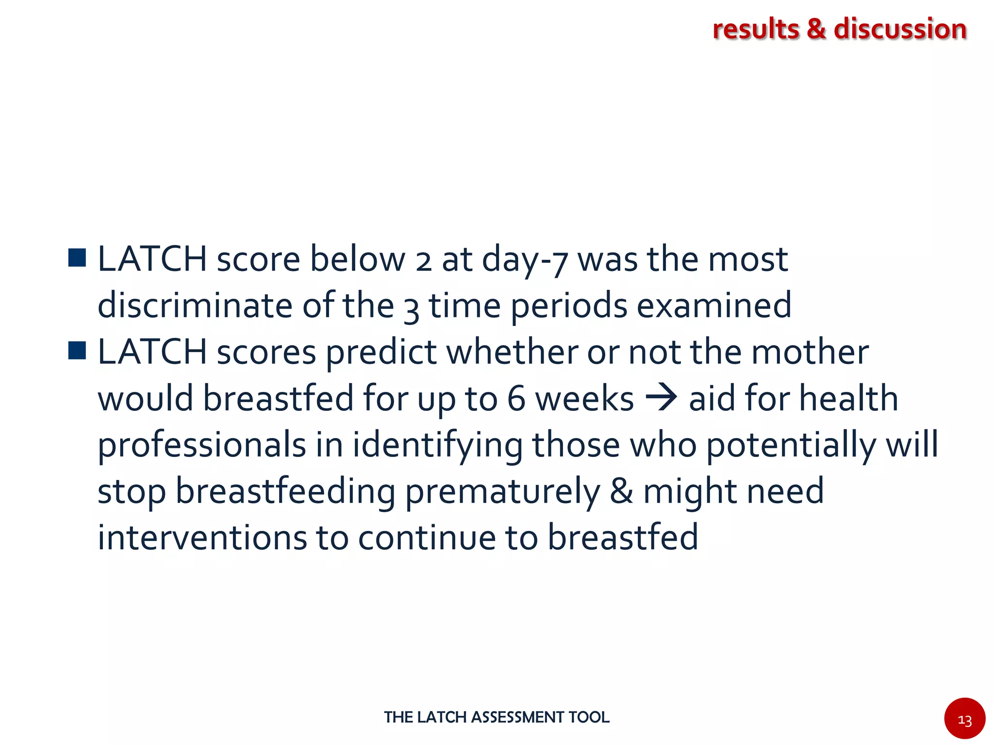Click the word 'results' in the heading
(755, 29)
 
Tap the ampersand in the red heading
(816, 29)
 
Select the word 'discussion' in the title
(900, 29)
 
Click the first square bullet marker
(77, 258)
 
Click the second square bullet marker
(77, 350)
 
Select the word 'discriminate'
(195, 305)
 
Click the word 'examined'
(714, 305)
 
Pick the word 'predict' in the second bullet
(381, 352)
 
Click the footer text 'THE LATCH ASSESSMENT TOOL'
(497, 717)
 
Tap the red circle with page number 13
(964, 718)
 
